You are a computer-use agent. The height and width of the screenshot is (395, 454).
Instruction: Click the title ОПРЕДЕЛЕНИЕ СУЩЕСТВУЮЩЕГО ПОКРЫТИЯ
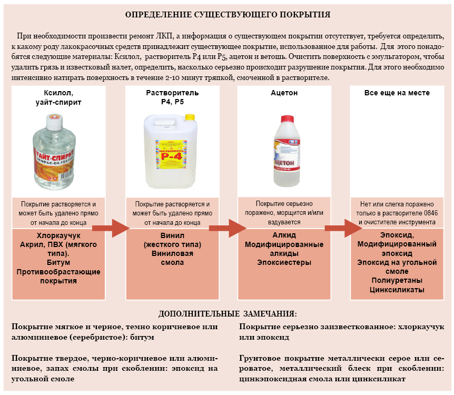(228, 14)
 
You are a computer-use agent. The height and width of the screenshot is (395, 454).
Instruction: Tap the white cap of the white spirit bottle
(54, 121)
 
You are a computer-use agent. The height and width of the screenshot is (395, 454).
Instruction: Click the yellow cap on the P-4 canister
(190, 117)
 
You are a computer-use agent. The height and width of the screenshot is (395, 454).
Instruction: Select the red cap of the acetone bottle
(287, 120)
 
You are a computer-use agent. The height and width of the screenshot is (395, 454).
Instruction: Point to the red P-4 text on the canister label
(172, 156)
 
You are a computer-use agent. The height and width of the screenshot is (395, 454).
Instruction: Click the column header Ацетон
(284, 93)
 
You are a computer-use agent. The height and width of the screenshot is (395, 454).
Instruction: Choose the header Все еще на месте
(397, 93)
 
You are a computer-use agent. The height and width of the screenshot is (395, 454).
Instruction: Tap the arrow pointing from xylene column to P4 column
(111, 228)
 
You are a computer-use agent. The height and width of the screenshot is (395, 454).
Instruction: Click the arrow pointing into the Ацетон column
(228, 228)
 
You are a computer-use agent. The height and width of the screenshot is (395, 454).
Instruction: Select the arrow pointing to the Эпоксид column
(343, 228)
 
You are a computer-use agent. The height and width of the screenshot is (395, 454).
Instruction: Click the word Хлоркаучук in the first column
(58, 235)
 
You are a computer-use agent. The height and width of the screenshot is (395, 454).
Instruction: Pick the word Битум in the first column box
(58, 262)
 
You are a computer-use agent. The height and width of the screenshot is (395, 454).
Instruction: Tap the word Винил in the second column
(172, 235)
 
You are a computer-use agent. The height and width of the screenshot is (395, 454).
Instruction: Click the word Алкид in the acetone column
(284, 235)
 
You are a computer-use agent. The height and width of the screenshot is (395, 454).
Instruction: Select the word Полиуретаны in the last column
(397, 280)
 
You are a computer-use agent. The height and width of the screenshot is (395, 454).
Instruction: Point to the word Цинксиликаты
(397, 290)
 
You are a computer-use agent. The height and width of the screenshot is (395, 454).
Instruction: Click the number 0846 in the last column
(430, 213)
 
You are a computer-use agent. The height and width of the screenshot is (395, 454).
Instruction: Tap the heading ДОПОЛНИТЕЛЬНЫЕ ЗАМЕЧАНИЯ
(228, 314)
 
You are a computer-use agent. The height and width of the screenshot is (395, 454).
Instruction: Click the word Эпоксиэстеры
(284, 262)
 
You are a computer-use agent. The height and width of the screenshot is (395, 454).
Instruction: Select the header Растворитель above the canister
(172, 93)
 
